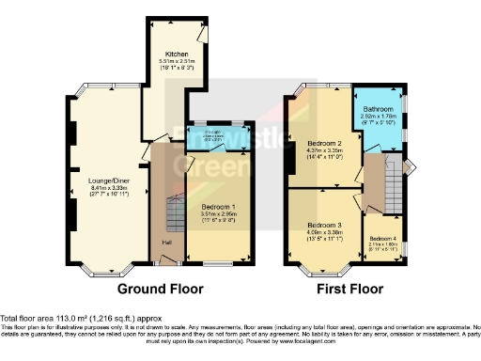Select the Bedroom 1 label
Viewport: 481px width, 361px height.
pos(218,206)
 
